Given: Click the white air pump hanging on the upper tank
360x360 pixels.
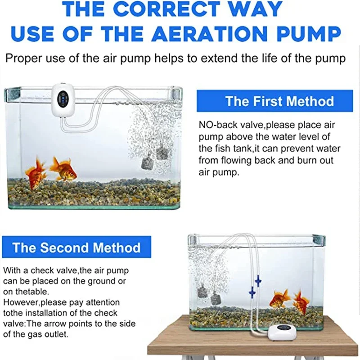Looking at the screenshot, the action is point(63,99).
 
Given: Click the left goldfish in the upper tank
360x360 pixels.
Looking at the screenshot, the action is point(36,172).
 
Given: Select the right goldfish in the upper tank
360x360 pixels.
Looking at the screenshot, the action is point(63,169).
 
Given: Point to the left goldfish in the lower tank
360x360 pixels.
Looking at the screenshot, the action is point(279,298).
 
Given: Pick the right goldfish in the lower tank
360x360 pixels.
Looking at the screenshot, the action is point(301,302).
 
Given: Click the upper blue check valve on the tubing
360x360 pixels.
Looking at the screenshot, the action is point(258,280).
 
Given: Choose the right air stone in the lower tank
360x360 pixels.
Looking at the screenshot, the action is point(216,298).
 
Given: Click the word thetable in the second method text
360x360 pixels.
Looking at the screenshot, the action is point(32,292).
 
